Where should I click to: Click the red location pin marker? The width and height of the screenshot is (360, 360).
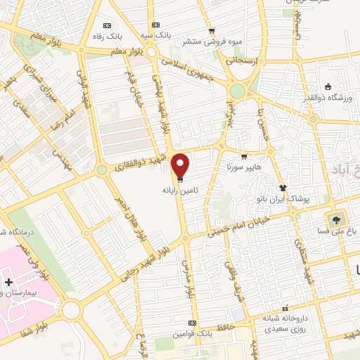pos(181,165)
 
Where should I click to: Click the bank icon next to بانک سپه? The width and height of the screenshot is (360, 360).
pos(166,24)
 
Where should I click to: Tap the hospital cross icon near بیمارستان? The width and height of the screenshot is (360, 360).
pos(8,283)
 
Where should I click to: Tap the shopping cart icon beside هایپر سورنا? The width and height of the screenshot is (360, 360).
pos(243,157)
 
